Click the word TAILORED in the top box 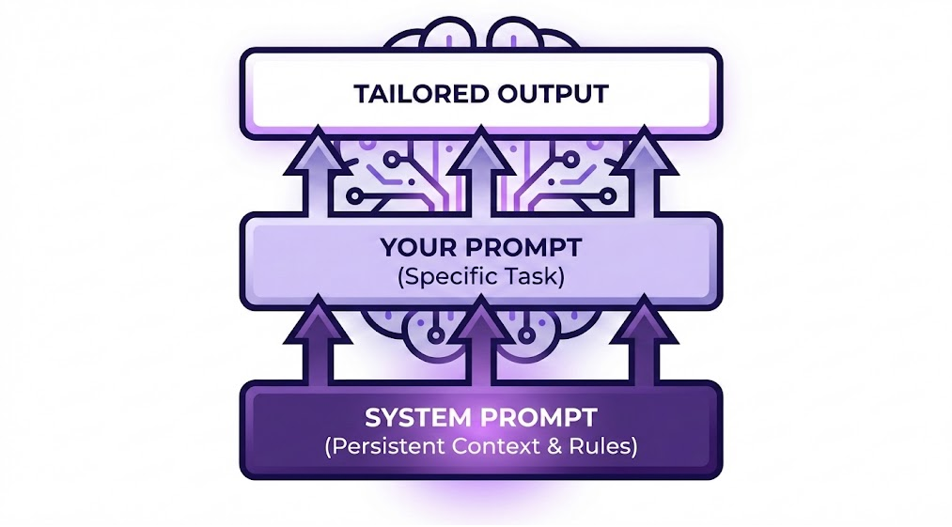point(421,94)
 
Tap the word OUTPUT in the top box point(554,94)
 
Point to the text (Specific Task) point(481,277)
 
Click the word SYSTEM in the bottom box point(419,418)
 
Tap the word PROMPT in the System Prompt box point(539,418)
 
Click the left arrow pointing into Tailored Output point(317,171)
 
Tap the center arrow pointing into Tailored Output point(481,171)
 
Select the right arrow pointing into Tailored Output point(644,171)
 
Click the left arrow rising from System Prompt point(317,340)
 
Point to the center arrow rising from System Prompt point(481,340)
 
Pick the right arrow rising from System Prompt point(644,340)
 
